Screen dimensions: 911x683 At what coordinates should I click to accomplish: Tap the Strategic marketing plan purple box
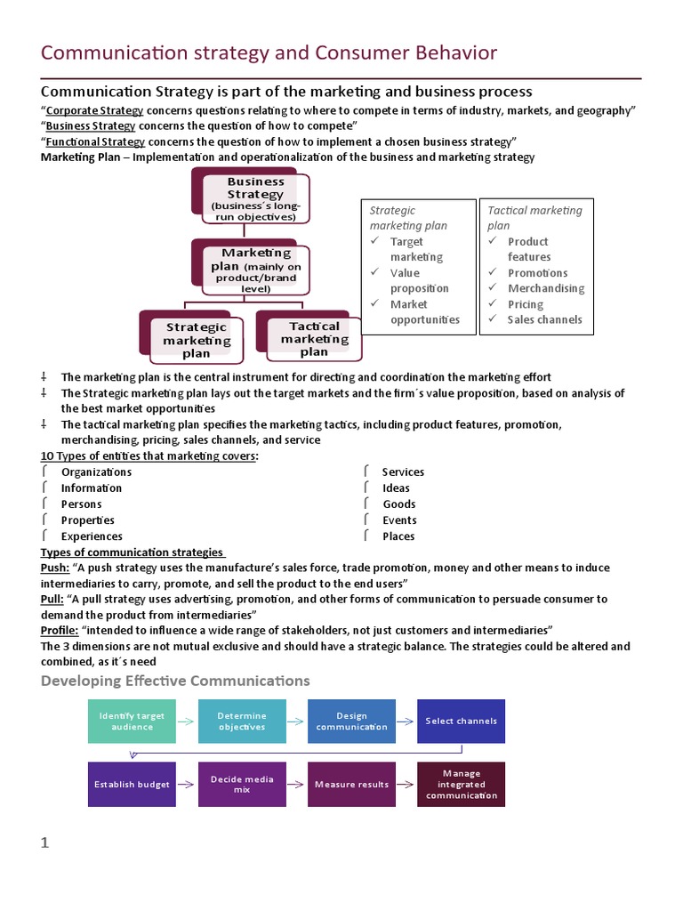tap(196, 339)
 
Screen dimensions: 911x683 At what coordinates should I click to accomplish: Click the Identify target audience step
tap(132, 722)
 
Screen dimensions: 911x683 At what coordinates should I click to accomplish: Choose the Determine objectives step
tap(242, 722)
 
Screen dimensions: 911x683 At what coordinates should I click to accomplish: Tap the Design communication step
tap(352, 722)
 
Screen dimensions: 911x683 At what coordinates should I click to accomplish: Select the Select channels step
tap(462, 722)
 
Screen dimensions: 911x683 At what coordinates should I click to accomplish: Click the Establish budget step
tap(132, 785)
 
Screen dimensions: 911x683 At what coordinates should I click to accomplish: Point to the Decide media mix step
tap(242, 785)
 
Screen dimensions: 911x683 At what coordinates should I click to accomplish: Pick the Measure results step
tap(352, 785)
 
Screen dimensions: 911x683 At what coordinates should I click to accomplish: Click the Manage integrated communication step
tap(462, 785)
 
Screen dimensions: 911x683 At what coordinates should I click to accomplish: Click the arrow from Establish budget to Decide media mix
tap(187, 785)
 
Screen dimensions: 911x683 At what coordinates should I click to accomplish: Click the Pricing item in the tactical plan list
tap(526, 304)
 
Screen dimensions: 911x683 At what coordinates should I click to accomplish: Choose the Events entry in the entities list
tap(399, 520)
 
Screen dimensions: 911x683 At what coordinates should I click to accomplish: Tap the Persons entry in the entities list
tap(81, 504)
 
